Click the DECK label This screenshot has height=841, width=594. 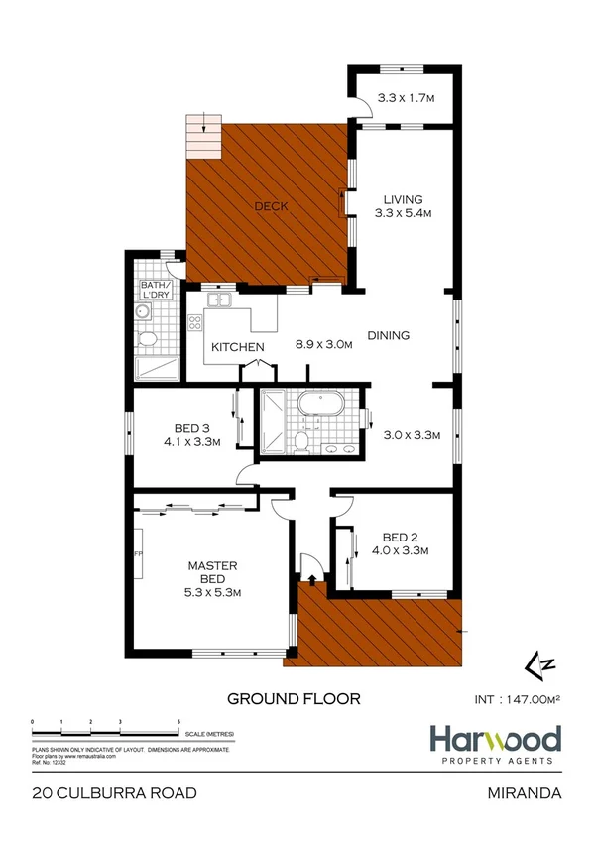(x=271, y=206)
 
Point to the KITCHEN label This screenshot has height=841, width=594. (x=238, y=346)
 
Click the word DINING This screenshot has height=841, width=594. (x=389, y=335)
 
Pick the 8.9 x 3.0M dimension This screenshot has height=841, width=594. (x=324, y=346)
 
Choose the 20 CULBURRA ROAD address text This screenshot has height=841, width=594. (x=114, y=793)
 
